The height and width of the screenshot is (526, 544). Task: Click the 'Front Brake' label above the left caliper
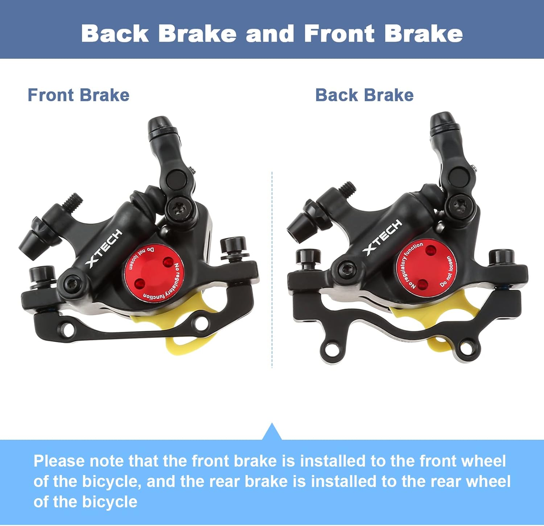(x=78, y=95)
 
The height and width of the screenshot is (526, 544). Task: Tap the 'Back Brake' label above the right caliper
(x=364, y=95)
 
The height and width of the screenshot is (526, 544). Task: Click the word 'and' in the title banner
(x=270, y=34)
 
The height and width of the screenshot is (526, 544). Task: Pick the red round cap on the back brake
(x=426, y=268)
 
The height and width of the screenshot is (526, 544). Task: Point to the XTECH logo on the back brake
(x=383, y=237)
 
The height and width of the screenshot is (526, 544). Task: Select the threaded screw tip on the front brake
(x=73, y=201)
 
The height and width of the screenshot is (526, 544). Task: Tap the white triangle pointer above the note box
(x=272, y=431)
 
